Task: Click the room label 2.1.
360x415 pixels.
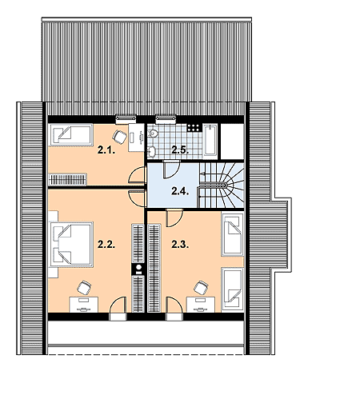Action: (106, 150)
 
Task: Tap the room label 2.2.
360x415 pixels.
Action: (106, 245)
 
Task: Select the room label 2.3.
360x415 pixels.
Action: (180, 245)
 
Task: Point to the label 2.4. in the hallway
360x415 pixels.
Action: (180, 191)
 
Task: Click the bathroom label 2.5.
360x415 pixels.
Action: (180, 150)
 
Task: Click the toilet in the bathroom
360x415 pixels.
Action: (152, 133)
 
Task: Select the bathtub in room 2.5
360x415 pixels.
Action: (210, 142)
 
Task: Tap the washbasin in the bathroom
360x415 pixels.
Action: (151, 151)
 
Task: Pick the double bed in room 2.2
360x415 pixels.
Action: (71, 244)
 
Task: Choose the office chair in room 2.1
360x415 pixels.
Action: (119, 137)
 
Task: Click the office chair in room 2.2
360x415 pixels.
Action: (84, 288)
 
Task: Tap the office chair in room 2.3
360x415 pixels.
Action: (201, 288)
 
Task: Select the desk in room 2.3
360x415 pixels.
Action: (201, 305)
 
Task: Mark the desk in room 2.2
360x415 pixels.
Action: (84, 305)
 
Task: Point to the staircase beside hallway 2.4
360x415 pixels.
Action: (221, 186)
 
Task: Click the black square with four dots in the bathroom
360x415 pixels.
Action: (194, 128)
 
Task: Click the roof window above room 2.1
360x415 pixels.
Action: (126, 119)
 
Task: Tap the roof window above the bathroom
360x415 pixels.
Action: (166, 119)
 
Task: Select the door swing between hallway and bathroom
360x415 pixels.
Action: (171, 170)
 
